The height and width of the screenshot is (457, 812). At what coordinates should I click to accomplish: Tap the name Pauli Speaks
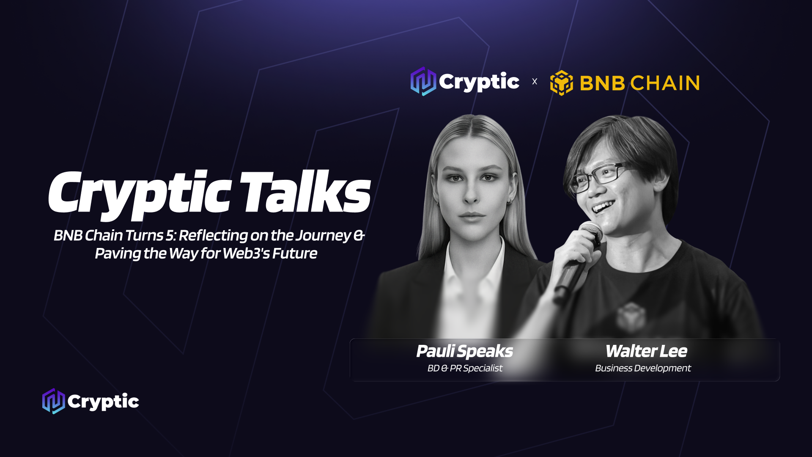click(x=464, y=351)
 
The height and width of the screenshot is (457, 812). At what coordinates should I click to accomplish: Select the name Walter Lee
click(x=646, y=351)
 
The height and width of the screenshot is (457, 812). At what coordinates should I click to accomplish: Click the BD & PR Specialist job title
click(x=465, y=368)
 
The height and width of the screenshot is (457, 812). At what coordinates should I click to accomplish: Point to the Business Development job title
click(x=643, y=368)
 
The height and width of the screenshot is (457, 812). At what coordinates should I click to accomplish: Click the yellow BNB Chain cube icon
click(x=561, y=83)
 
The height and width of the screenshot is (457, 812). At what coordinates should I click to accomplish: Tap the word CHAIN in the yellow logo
click(x=665, y=83)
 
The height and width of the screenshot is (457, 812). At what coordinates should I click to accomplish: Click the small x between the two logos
click(x=535, y=81)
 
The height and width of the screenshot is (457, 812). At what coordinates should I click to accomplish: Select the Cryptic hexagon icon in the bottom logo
click(x=53, y=401)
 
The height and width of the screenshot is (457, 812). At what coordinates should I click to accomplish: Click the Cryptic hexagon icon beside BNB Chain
click(x=423, y=81)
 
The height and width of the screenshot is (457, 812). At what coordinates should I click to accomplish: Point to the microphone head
click(x=591, y=233)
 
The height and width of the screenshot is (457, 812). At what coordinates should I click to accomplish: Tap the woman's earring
click(x=510, y=202)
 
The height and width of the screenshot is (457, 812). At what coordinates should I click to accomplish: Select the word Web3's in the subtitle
click(x=246, y=253)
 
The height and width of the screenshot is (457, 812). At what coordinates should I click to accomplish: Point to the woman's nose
click(x=470, y=193)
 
